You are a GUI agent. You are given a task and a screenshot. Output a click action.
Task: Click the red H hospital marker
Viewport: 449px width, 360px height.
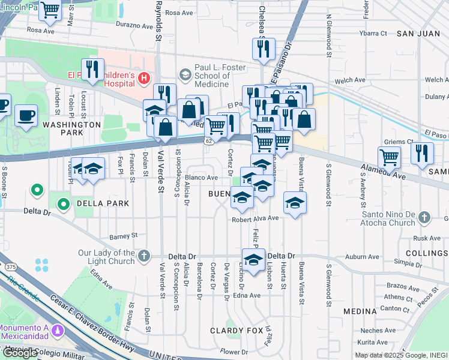143,77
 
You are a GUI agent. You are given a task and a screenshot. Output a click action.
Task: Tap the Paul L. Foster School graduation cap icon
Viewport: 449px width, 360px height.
185,74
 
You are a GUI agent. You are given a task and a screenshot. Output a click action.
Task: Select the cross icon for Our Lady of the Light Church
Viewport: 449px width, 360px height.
143,256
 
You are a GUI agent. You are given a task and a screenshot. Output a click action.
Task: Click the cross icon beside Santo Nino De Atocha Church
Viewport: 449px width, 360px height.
424,217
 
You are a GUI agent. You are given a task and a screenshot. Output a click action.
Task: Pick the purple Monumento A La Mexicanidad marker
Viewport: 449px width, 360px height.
58,331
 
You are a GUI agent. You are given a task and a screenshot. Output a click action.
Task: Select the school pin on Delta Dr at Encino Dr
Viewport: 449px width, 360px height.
254,259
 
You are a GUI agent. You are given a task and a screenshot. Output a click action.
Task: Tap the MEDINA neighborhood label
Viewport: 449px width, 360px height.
360,312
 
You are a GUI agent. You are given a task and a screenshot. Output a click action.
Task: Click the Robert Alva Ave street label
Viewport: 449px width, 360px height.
256,220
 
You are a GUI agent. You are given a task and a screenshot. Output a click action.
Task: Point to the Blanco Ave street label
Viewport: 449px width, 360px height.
201,178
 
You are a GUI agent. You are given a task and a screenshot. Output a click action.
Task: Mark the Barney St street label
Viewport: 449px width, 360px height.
124,235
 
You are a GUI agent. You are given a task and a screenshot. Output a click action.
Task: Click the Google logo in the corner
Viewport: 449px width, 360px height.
19,353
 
